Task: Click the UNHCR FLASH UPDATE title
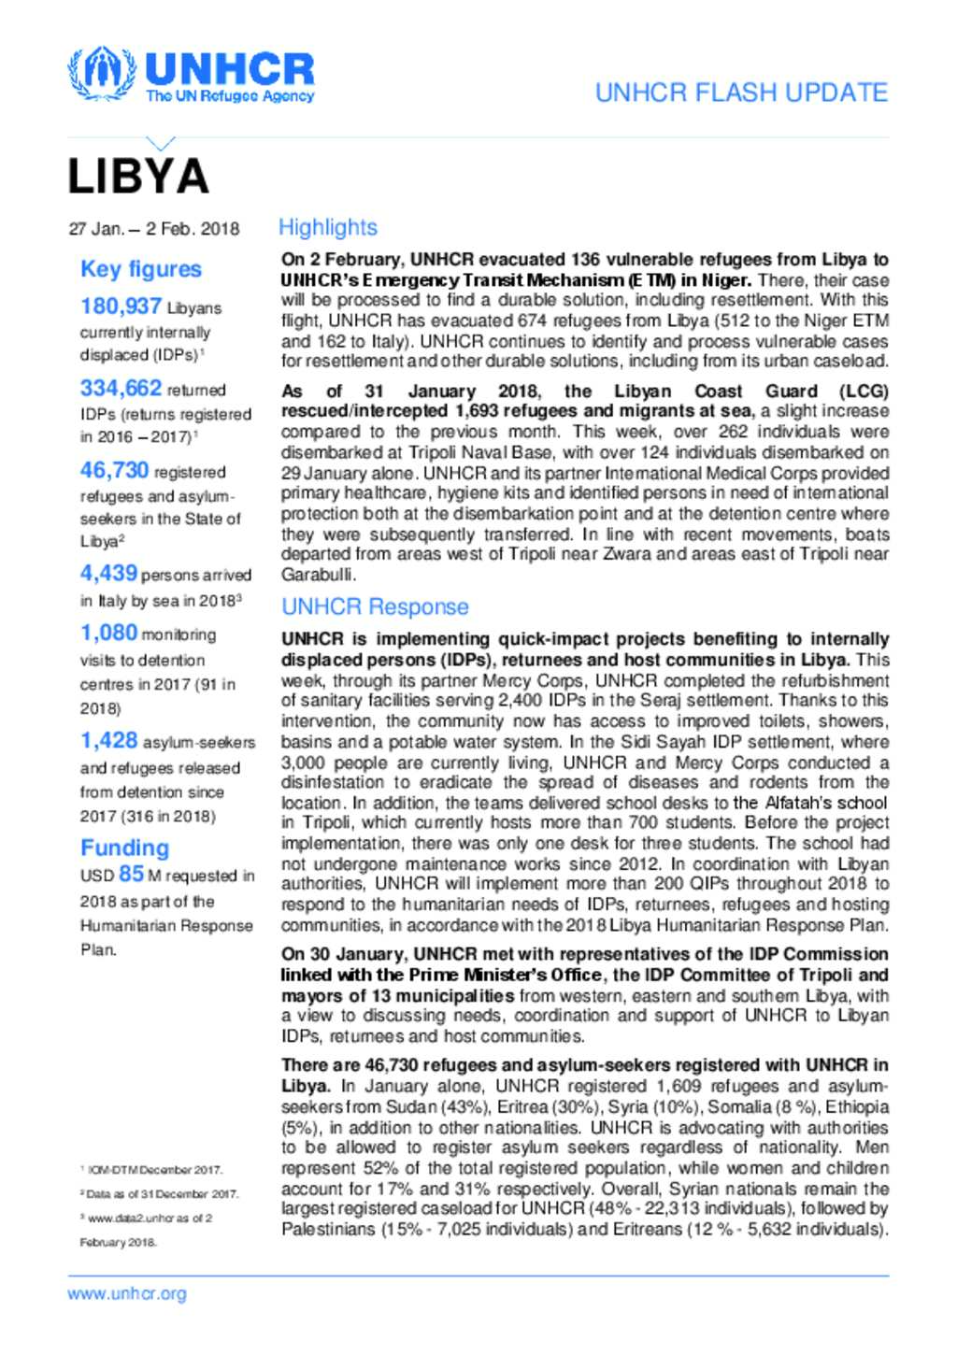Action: click(741, 93)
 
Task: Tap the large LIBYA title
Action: click(138, 177)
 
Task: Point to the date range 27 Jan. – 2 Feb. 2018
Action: click(154, 229)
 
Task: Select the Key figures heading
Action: click(141, 269)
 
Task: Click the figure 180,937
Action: click(121, 306)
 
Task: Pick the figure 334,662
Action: click(121, 389)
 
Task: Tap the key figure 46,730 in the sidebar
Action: click(114, 471)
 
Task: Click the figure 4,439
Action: click(108, 573)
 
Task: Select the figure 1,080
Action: click(108, 633)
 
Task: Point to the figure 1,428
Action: click(108, 740)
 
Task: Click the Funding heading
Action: click(124, 848)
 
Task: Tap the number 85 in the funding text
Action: click(131, 875)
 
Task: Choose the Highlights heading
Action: click(328, 227)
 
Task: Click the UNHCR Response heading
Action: click(375, 606)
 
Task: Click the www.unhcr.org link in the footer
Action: click(127, 1294)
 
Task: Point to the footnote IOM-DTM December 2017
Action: click(154, 1170)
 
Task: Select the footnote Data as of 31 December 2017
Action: click(162, 1194)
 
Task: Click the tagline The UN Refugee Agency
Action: click(230, 96)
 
